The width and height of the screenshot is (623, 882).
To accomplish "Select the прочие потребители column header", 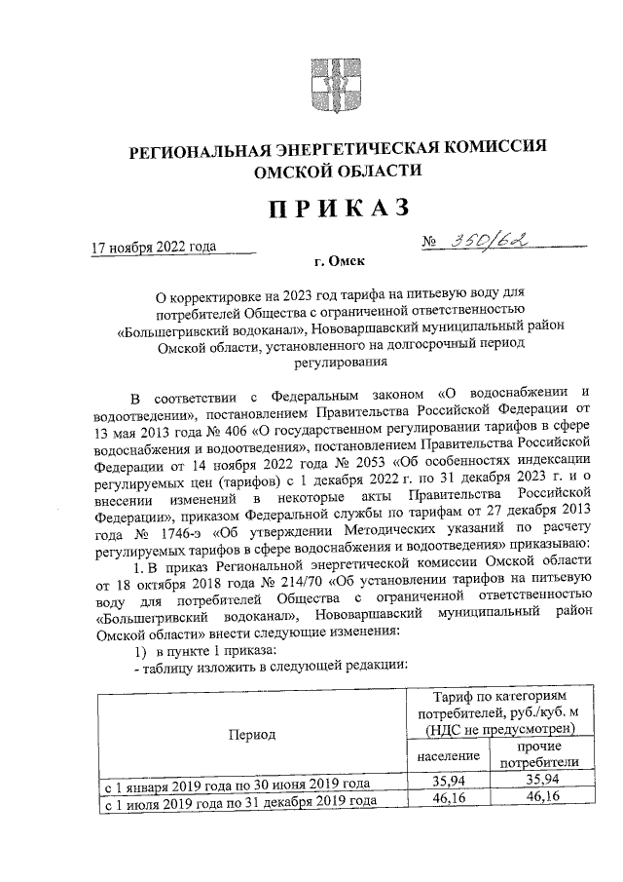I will [544, 754].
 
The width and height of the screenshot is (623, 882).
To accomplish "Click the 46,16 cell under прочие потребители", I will [544, 798].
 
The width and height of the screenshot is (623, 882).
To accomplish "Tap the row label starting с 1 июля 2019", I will [239, 800].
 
